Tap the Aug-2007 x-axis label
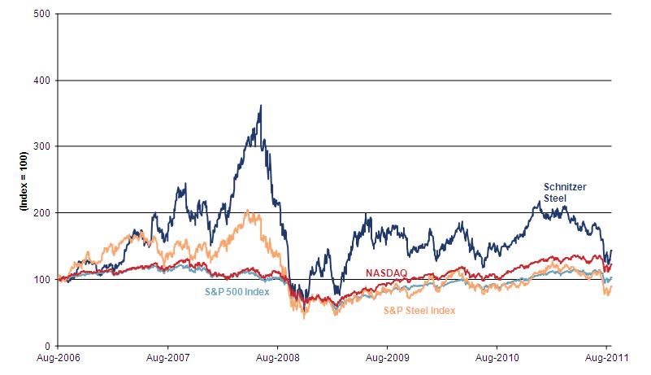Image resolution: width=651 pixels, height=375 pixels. click(x=167, y=357)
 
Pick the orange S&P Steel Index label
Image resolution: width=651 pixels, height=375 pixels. click(x=419, y=310)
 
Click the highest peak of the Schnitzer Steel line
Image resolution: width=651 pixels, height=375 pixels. click(x=260, y=105)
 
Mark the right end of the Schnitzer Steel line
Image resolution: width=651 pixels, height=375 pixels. click(x=611, y=251)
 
